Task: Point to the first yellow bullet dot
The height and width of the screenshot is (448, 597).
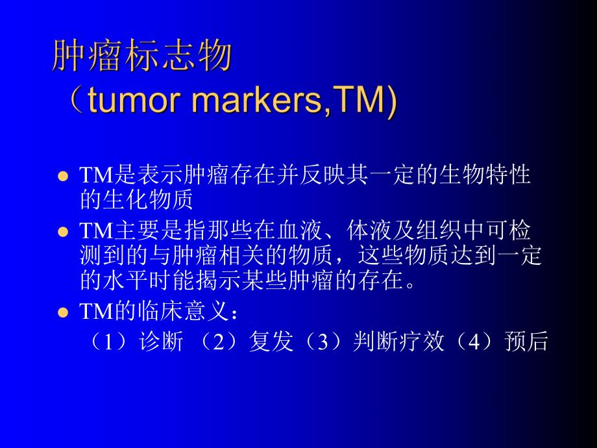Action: (x=63, y=177)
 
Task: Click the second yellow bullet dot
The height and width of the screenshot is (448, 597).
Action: (x=63, y=232)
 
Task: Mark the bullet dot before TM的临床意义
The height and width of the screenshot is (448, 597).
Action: (x=63, y=312)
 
